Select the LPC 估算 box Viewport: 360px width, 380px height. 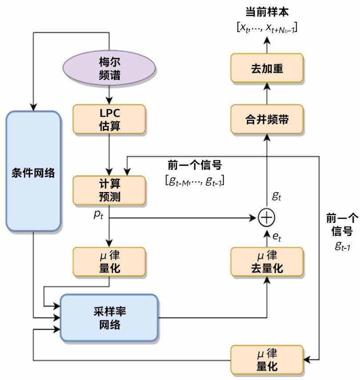(x=109, y=119)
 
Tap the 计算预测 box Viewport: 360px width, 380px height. (x=109, y=190)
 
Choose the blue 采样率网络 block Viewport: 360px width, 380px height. (x=109, y=318)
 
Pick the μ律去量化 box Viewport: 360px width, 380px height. (x=267, y=262)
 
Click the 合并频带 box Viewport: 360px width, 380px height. (x=267, y=119)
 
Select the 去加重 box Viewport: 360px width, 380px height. (x=267, y=68)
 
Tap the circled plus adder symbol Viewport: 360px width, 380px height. (x=267, y=218)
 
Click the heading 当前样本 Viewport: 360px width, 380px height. (x=267, y=12)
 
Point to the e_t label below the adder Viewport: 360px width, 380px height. (x=277, y=238)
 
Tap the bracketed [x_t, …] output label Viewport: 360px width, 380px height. (x=267, y=28)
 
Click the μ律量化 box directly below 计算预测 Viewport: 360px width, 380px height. (x=109, y=262)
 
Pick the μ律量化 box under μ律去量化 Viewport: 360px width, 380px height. (x=267, y=360)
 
